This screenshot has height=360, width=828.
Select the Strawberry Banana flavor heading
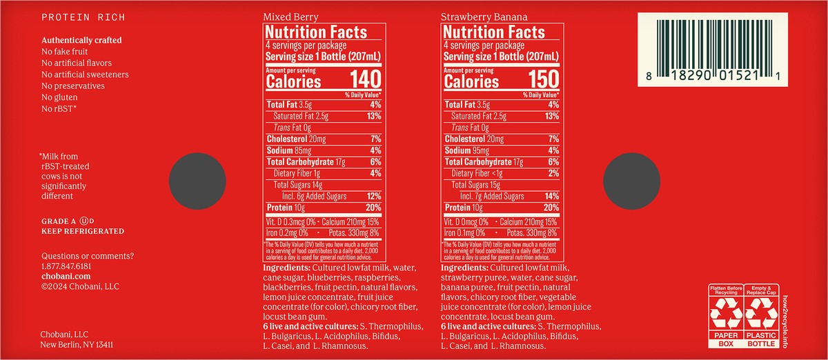point(481,16)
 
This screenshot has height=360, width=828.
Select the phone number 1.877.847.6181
point(66,266)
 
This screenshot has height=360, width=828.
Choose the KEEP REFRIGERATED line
point(83,231)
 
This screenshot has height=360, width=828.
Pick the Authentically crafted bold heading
point(81,40)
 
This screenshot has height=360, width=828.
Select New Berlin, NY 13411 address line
point(77,344)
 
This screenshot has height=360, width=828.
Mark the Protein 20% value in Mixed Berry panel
point(373,208)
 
